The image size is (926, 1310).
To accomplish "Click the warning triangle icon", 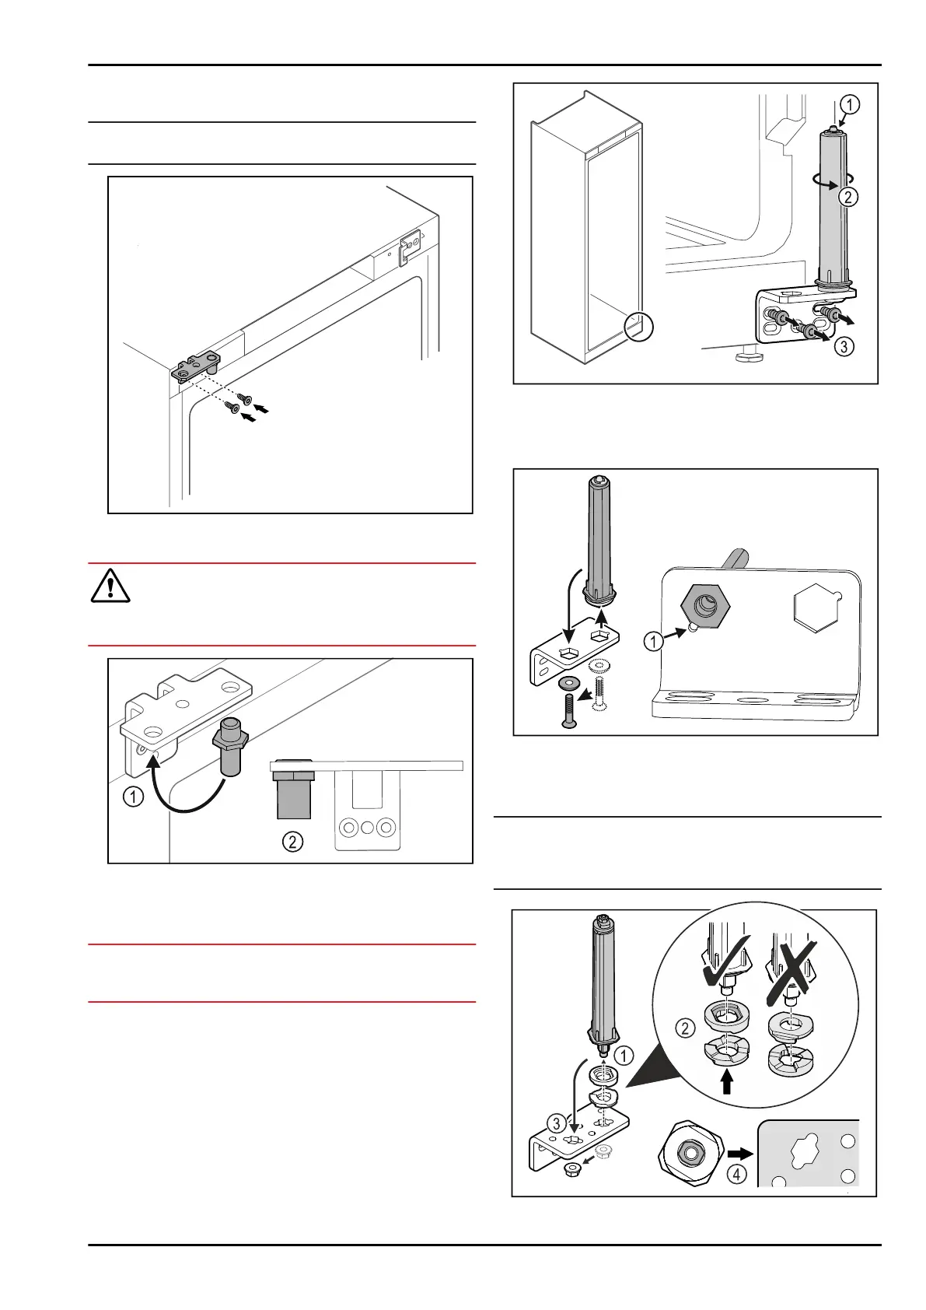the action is coord(110,586).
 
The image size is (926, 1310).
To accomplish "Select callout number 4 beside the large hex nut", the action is coord(736,1174).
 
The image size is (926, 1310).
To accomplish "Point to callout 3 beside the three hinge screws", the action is coord(844,346).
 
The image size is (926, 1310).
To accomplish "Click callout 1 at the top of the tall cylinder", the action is coord(850,104).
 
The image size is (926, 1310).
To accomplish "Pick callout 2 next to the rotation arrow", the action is coord(848,196).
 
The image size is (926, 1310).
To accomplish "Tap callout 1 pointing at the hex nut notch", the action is coord(654,641).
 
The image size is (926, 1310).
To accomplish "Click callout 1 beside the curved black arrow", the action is coord(134,797).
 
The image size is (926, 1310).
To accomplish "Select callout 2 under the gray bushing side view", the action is coord(292,841).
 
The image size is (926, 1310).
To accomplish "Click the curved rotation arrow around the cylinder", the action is coord(826,180).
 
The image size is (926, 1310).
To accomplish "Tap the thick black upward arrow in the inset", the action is coord(727,1081).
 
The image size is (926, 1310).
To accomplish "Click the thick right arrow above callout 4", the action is coord(740,1154).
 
